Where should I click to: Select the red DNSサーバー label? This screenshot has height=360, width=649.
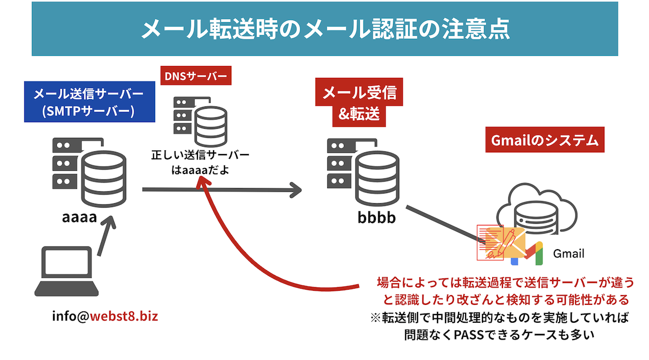coord(196,76)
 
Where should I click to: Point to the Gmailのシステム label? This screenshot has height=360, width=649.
coord(545,141)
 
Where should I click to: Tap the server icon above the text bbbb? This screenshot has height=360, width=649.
coord(361,169)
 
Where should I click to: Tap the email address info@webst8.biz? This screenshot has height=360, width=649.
coord(105,316)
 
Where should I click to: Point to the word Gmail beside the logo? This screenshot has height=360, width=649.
coord(568,254)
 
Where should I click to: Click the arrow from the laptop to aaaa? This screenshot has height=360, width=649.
coord(106,235)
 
